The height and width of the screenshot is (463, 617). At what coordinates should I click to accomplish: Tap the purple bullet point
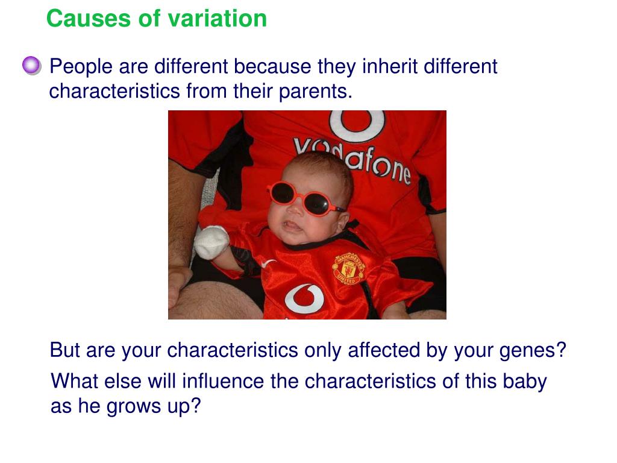pyautogui.click(x=31, y=65)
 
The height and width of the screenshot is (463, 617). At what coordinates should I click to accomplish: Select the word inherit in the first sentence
pyautogui.click(x=390, y=66)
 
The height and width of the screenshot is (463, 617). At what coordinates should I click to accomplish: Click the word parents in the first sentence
pyautogui.click(x=315, y=92)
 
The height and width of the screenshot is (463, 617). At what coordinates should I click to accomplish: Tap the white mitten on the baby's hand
pyautogui.click(x=211, y=242)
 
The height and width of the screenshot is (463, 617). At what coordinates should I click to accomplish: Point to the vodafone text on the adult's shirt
pyautogui.click(x=352, y=160)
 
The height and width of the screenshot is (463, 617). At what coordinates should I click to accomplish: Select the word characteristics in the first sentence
pyautogui.click(x=114, y=91)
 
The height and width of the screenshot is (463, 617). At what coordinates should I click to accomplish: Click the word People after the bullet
pyautogui.click(x=81, y=67)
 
